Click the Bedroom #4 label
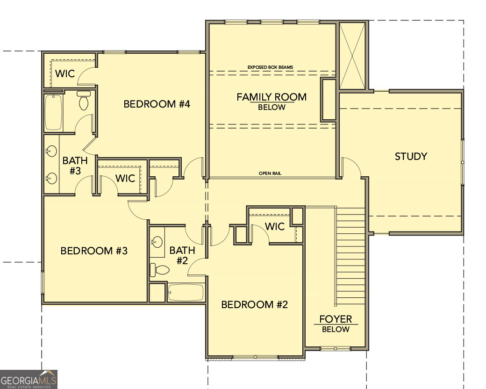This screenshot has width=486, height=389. [157, 104]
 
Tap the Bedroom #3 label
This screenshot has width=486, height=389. [94, 251]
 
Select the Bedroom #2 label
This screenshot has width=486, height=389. [255, 305]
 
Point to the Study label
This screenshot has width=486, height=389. [411, 156]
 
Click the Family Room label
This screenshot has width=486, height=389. [272, 97]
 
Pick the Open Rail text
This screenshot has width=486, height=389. [270, 173]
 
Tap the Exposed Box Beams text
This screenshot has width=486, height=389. [270, 67]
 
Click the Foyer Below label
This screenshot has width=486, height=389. [336, 324]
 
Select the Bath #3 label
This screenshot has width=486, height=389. [75, 166]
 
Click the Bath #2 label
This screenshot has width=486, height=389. [182, 255]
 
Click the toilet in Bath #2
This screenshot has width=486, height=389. [160, 270]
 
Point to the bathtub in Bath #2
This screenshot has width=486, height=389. [186, 292]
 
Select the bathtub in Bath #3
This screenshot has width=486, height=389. [54, 112]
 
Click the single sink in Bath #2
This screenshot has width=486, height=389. [157, 242]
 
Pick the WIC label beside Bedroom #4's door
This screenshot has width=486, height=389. [65, 74]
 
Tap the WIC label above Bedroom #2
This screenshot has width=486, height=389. [275, 227]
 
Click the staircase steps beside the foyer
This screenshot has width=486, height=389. [350, 256]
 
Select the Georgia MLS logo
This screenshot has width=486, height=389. [29, 379]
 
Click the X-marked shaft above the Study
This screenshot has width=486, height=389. [352, 56]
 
